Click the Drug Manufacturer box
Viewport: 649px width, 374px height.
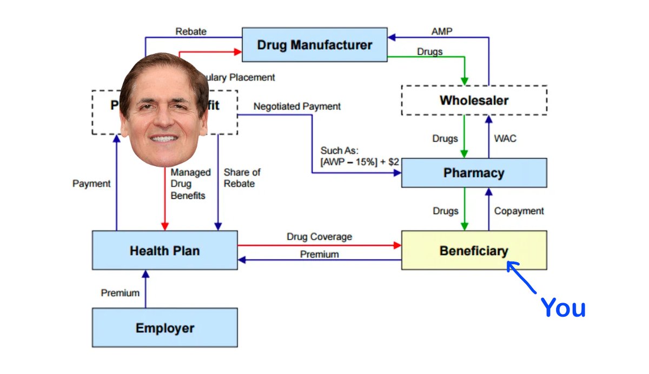tap(314, 44)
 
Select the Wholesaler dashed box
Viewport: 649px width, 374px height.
tap(474, 100)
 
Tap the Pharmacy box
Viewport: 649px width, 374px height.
tap(474, 173)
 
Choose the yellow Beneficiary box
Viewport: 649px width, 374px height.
tap(474, 250)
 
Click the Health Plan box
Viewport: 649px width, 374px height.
tap(164, 250)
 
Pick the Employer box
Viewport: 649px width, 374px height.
tap(164, 328)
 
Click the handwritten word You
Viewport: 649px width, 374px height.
tap(564, 308)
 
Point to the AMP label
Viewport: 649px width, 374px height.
tap(442, 31)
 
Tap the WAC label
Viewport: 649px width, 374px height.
tap(505, 138)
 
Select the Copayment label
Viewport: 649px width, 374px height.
tap(519, 211)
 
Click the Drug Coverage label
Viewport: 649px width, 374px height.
tap(319, 237)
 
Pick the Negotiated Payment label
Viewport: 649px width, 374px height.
tap(297, 106)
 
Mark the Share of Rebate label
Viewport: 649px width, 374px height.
tap(242, 178)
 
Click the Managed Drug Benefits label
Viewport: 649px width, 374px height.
tap(190, 184)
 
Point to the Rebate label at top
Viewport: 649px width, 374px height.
tap(191, 31)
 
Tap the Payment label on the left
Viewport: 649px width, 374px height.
tap(91, 184)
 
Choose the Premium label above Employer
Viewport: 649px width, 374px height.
tap(120, 293)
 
